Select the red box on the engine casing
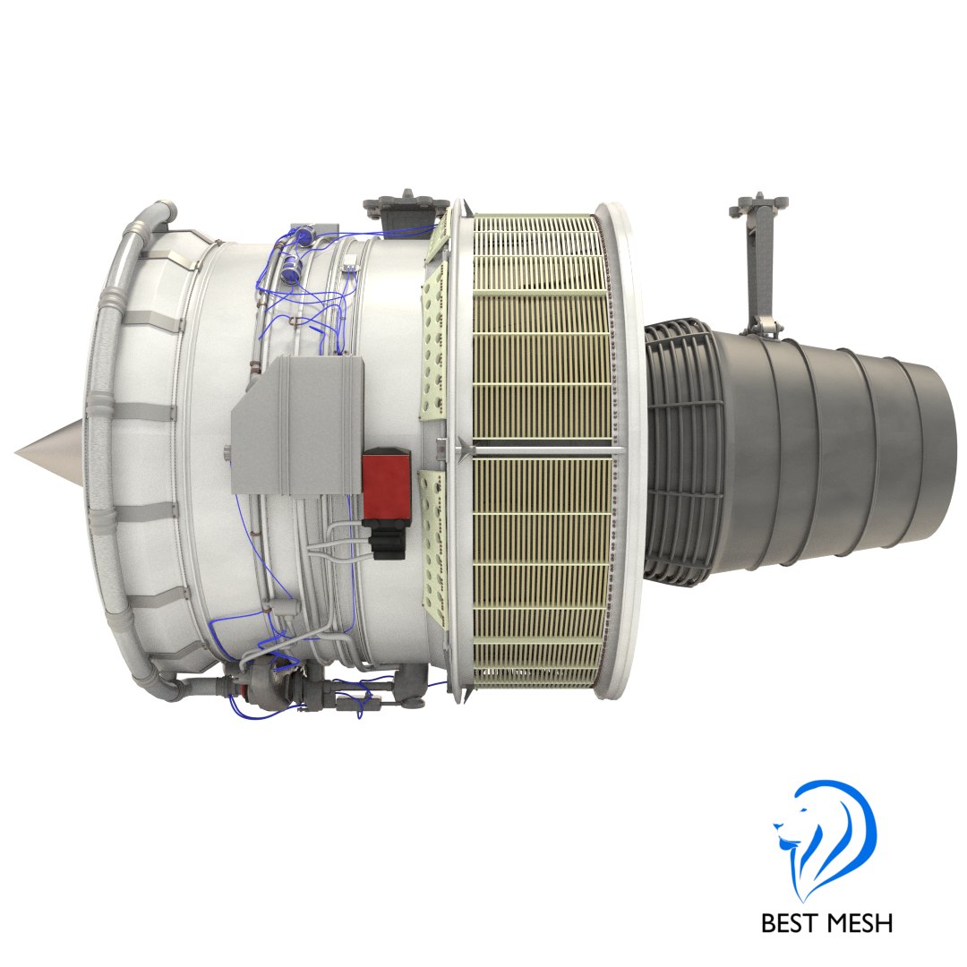point(386,483)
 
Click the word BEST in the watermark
point(792,921)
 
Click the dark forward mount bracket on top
point(407,205)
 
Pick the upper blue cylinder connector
point(306,235)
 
